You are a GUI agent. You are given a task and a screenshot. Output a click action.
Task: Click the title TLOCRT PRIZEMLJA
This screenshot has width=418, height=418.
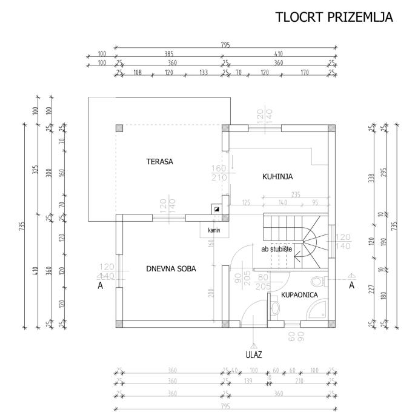point(334,17)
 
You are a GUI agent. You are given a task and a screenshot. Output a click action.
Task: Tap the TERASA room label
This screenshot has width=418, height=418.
point(160,162)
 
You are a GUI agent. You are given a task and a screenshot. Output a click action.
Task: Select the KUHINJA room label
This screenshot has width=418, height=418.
point(277,177)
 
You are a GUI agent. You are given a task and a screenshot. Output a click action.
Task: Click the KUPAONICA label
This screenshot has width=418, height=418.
point(299,295)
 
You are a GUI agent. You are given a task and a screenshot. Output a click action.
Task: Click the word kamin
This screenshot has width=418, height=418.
point(213,231)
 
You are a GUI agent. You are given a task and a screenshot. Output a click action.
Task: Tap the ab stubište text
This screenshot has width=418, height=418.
point(277,248)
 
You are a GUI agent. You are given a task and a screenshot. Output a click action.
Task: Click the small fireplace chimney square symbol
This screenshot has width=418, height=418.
point(216,208)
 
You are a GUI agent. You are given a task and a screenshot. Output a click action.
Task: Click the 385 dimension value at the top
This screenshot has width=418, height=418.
point(169,54)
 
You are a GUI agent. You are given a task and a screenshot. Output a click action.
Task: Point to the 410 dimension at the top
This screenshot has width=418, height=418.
point(278,54)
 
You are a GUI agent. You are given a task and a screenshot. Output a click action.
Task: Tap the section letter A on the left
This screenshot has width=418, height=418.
point(101,287)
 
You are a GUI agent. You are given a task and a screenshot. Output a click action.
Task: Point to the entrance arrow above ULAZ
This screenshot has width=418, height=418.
point(253,345)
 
